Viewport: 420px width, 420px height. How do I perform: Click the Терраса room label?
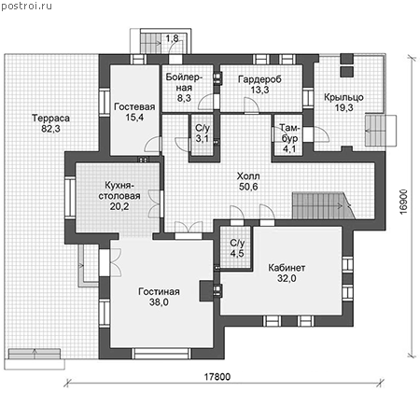tap(50, 119)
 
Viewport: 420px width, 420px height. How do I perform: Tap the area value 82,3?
tap(50, 129)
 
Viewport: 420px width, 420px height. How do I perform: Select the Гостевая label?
tap(134, 106)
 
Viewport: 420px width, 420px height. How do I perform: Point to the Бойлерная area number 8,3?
tap(184, 98)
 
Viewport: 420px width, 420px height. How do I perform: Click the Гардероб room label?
tap(259, 79)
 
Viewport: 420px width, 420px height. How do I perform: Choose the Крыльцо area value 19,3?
tap(343, 107)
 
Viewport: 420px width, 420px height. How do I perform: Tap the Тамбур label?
tap(289, 133)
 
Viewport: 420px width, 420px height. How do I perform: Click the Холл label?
tap(248, 176)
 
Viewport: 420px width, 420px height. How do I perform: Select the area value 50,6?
tap(248, 187)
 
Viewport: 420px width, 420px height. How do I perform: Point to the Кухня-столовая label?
tap(119, 190)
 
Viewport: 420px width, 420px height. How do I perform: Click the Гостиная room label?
tap(159, 291)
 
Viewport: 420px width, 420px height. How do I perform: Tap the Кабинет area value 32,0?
tap(287, 278)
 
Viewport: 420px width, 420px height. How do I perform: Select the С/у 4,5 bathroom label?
tap(237, 248)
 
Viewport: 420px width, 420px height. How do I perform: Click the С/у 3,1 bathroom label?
tap(203, 133)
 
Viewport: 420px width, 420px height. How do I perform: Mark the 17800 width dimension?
tap(217, 377)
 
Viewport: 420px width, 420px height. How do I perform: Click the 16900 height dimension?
tap(403, 202)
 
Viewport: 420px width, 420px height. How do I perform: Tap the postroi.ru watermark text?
tap(26, 6)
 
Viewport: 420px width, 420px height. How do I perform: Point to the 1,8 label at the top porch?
tap(172, 38)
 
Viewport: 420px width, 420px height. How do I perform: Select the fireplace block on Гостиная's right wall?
tap(205, 291)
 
